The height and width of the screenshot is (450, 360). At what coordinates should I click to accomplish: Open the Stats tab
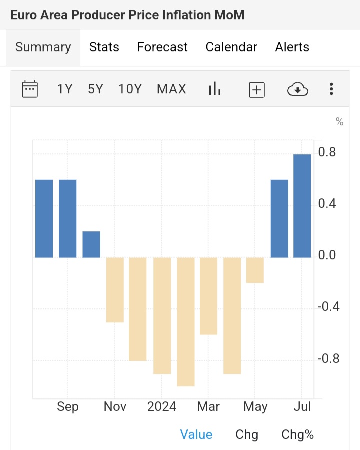click(x=104, y=47)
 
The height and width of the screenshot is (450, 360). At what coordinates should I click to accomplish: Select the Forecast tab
click(x=162, y=47)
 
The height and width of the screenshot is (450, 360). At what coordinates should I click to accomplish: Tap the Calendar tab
click(x=231, y=47)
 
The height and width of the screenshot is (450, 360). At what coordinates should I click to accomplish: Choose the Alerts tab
click(x=292, y=47)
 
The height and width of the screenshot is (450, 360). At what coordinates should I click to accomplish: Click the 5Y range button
click(x=95, y=89)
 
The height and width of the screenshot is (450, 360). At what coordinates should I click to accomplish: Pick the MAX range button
click(x=171, y=89)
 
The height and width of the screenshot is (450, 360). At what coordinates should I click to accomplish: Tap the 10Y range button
click(x=130, y=89)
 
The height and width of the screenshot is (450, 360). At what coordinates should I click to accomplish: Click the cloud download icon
click(x=298, y=90)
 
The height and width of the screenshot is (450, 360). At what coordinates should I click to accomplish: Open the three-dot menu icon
click(x=331, y=89)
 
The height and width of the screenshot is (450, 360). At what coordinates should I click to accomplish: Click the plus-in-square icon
click(x=257, y=90)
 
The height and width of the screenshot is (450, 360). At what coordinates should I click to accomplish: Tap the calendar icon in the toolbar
click(x=30, y=89)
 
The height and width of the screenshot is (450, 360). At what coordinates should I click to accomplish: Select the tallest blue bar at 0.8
click(x=302, y=206)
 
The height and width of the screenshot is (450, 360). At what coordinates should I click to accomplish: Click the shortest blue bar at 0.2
click(x=91, y=244)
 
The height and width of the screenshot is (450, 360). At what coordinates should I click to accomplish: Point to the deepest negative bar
click(x=185, y=322)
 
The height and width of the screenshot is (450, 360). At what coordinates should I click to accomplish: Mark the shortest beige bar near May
click(x=255, y=270)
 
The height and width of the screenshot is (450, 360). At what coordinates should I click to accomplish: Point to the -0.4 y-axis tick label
click(x=329, y=307)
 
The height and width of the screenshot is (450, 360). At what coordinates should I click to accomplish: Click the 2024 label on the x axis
click(x=162, y=406)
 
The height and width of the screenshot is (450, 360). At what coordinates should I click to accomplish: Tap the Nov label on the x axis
click(x=115, y=406)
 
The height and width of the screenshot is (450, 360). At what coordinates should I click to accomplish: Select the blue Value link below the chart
click(x=196, y=434)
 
